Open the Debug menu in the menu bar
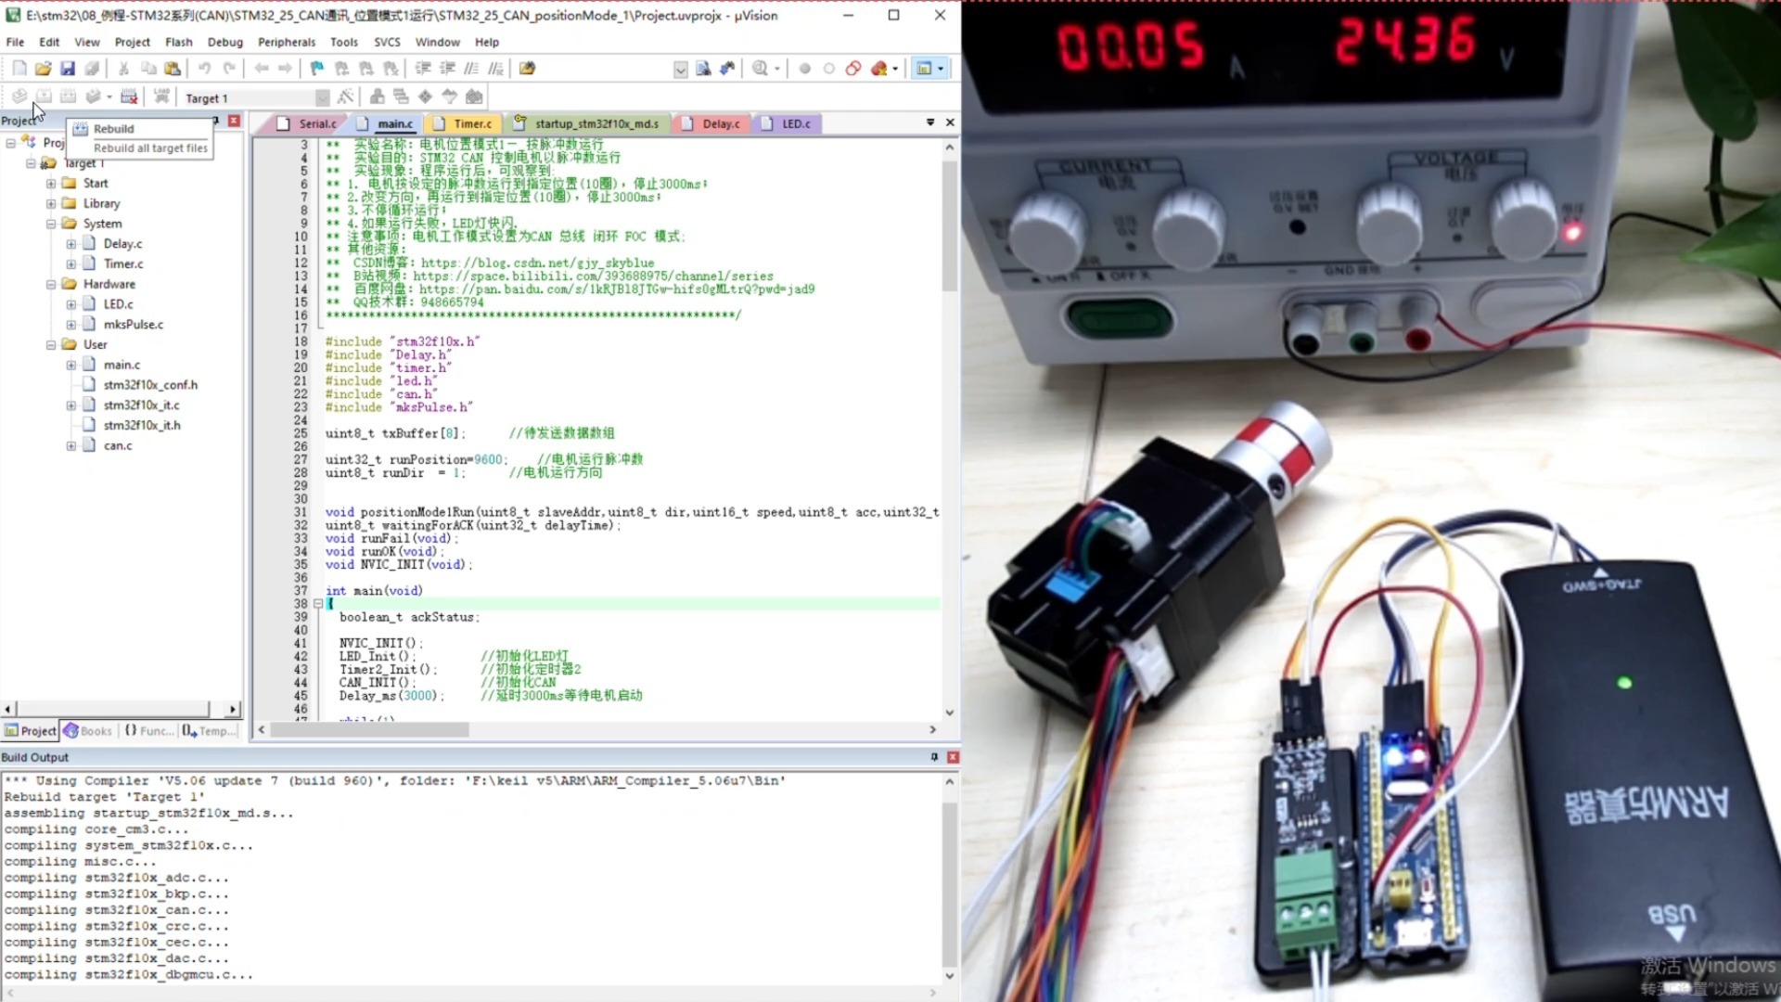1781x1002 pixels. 224,42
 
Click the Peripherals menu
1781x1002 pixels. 287,42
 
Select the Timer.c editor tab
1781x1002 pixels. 472,123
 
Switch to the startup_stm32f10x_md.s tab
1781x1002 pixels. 596,123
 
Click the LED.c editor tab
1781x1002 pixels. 795,123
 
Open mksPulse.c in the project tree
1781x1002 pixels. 133,325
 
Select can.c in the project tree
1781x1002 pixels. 118,445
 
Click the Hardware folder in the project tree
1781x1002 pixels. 109,284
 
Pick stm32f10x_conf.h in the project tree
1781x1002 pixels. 150,385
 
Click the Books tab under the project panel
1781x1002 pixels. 88,731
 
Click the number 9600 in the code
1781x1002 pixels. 488,459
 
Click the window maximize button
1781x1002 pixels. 893,15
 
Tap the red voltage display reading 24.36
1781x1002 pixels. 1404,42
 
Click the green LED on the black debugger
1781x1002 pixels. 1624,683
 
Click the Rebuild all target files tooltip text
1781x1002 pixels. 150,148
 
